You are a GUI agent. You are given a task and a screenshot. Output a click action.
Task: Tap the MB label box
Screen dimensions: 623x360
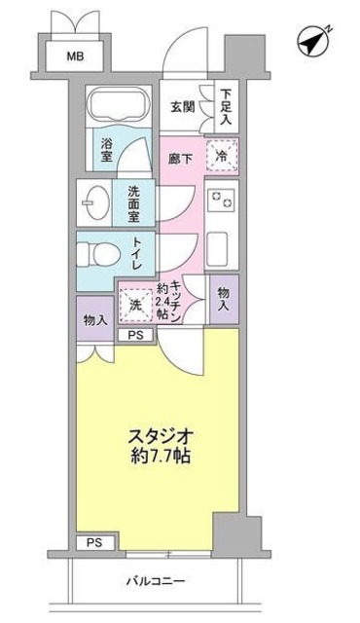[75, 56]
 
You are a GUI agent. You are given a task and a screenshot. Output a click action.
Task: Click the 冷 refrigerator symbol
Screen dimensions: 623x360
[222, 154]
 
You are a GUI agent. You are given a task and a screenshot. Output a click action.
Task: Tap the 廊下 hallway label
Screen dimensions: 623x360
[179, 154]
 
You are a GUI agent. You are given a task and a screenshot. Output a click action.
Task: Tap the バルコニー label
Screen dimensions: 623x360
[156, 582]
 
